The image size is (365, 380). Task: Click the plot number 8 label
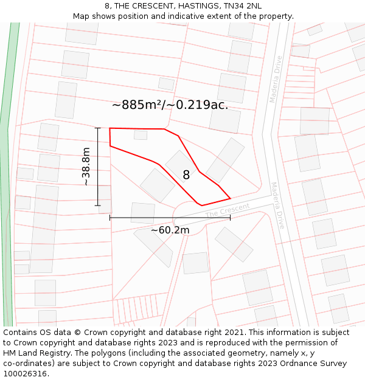tap(186, 175)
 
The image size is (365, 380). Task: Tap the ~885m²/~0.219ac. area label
tap(170, 105)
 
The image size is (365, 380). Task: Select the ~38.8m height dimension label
tap(86, 167)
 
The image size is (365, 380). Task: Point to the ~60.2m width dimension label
tap(170, 230)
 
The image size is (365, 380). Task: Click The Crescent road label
tap(228, 210)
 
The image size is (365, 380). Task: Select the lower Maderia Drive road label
tap(277, 206)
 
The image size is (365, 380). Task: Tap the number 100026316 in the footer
tap(24, 374)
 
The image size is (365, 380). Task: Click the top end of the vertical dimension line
tap(98, 128)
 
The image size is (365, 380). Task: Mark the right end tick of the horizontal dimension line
tap(230, 217)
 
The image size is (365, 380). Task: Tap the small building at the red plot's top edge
tap(141, 135)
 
